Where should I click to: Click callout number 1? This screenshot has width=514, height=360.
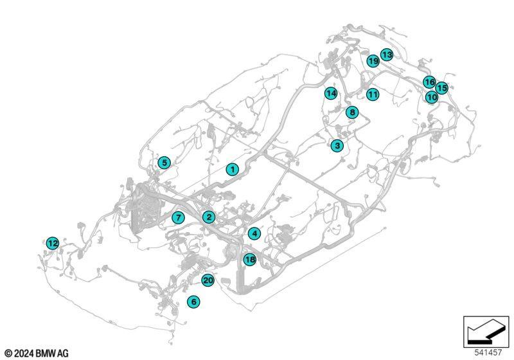[x=233, y=170]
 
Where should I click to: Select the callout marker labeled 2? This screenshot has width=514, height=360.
[x=209, y=217]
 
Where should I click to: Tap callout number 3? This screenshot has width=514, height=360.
[x=337, y=145]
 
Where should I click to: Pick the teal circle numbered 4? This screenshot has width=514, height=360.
[x=254, y=234]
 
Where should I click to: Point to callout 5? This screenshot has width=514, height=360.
[x=164, y=163]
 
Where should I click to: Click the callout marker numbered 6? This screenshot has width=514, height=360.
[x=194, y=301]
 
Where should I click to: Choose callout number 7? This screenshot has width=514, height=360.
[x=178, y=218]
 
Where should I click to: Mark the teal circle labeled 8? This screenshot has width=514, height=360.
[x=352, y=113]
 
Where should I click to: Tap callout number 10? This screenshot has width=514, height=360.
[x=432, y=97]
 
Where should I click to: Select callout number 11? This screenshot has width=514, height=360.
[x=373, y=94]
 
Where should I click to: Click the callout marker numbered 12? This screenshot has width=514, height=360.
[x=53, y=243]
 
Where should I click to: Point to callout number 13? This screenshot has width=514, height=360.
[x=387, y=55]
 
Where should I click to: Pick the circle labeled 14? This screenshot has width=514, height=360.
[x=331, y=93]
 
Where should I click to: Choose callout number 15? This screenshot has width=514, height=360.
[x=442, y=88]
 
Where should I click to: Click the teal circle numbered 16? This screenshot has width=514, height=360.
[x=429, y=82]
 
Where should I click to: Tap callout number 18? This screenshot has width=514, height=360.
[x=250, y=260]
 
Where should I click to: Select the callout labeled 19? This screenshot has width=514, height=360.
[x=373, y=61]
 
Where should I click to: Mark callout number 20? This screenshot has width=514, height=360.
[x=208, y=280]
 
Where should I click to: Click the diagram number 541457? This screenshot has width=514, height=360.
[x=488, y=353]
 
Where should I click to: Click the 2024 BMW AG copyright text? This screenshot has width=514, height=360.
[x=37, y=354]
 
